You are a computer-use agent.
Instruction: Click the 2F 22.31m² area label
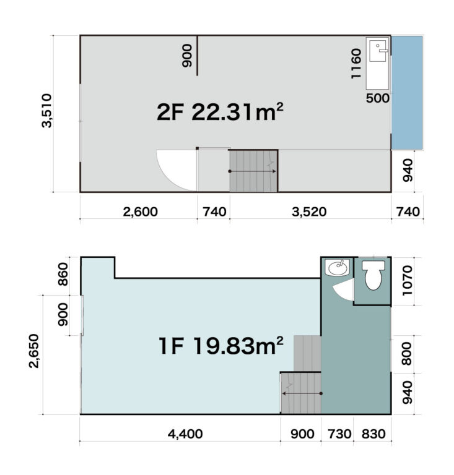click(220, 112)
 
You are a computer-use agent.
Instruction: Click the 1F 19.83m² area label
click(220, 346)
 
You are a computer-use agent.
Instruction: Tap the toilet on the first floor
click(373, 275)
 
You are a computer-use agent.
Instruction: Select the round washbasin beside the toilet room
click(337, 267)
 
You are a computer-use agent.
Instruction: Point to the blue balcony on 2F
click(407, 93)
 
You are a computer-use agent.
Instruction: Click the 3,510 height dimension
click(47, 111)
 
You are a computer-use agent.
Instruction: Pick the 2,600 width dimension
click(140, 212)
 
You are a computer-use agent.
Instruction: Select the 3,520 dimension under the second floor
click(309, 212)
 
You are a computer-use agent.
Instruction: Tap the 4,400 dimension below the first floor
click(185, 434)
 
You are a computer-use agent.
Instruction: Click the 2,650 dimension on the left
click(34, 351)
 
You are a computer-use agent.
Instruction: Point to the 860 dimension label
click(63, 274)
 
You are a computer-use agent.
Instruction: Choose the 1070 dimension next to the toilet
click(407, 281)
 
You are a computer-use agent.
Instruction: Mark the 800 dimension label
click(407, 354)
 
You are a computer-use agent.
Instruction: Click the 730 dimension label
click(339, 434)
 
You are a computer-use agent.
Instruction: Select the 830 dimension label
click(373, 434)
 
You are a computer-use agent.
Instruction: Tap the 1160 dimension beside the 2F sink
click(356, 64)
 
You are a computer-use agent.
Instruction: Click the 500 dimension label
click(378, 98)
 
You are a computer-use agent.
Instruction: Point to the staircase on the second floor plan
click(253, 171)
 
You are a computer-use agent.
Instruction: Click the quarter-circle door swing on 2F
click(177, 170)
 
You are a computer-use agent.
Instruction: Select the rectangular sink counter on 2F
click(377, 63)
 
